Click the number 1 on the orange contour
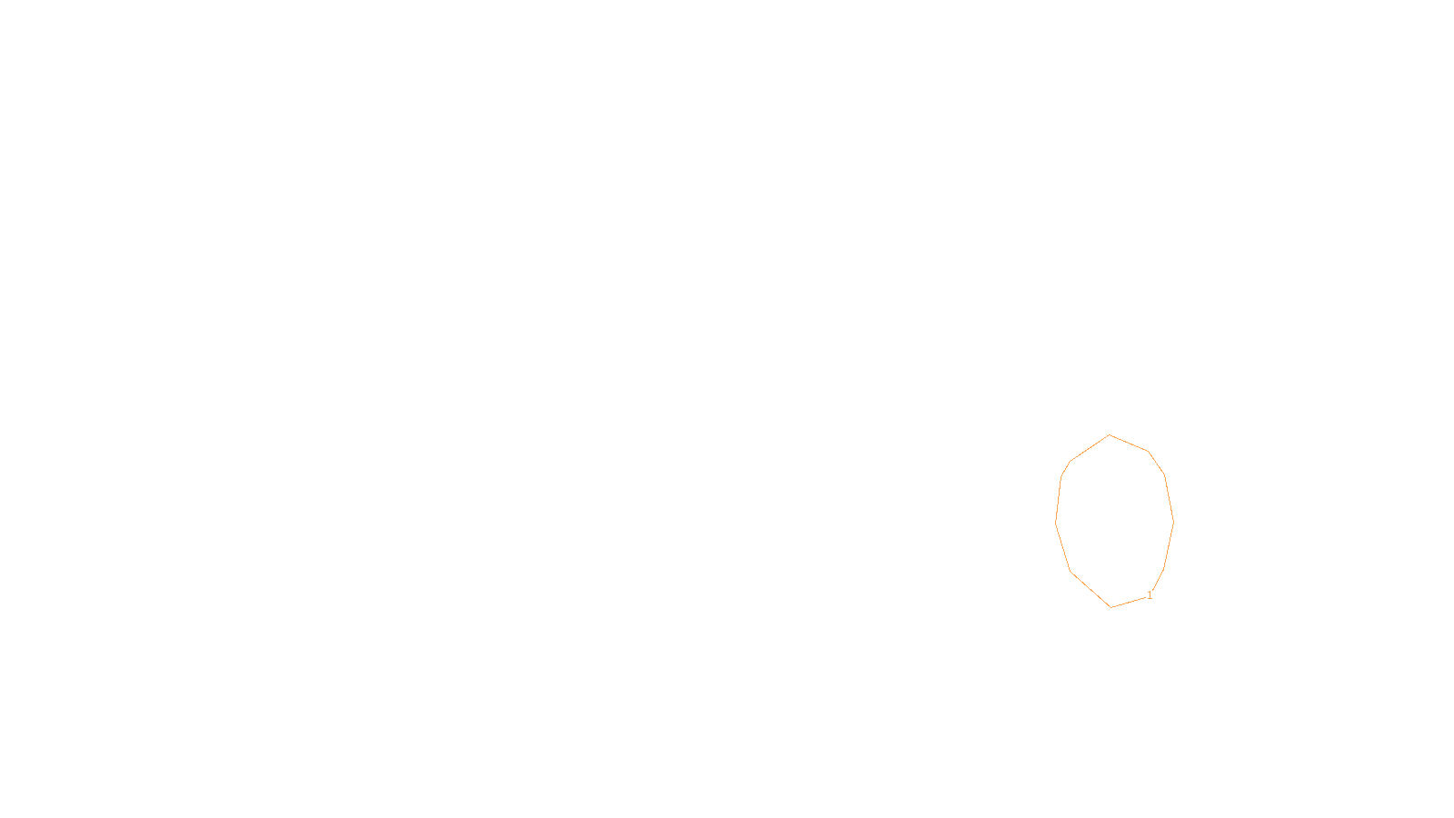(x=1150, y=595)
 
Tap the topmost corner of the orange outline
(x=1110, y=435)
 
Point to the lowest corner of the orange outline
(x=1110, y=607)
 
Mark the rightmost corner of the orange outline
(x=1173, y=522)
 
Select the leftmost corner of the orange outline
(x=1056, y=523)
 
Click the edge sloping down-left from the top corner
(x=1090, y=449)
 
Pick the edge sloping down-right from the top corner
(x=1130, y=444)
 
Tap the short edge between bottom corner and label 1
(x=1128, y=602)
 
